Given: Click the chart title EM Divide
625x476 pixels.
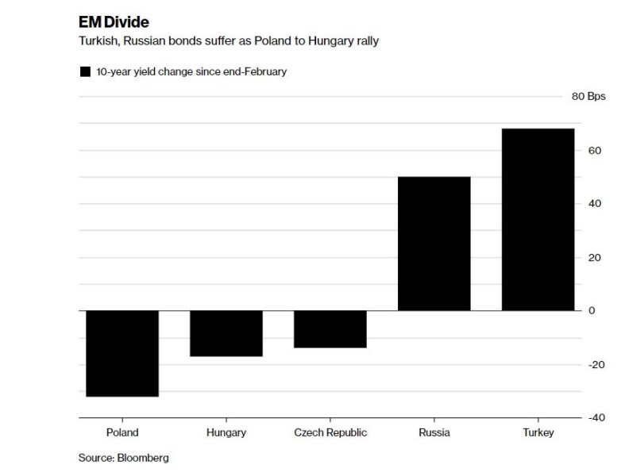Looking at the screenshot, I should (114, 21).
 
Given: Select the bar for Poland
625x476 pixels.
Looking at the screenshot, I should (122, 353).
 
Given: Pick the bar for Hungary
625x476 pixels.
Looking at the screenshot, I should (226, 333).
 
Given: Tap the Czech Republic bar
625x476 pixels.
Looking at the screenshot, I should (330, 328).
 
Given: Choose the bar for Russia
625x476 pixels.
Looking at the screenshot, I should (434, 243).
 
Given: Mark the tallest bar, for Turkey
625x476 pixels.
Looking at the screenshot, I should (538, 219).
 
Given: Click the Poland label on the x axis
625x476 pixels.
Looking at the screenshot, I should (122, 432).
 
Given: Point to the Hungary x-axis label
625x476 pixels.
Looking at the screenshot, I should (226, 432).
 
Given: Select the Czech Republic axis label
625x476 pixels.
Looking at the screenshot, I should (330, 432).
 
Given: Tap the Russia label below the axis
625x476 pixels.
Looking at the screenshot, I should (434, 432).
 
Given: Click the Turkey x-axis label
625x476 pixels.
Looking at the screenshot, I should (538, 432).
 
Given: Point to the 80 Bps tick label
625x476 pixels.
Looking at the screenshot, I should (588, 97).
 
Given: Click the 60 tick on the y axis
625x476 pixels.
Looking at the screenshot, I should (594, 151).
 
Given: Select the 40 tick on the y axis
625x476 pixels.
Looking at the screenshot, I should (594, 204).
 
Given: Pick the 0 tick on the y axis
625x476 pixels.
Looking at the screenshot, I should (592, 310).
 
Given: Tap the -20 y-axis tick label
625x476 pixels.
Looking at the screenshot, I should (596, 364).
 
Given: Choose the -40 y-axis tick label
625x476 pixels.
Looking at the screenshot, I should (596, 417).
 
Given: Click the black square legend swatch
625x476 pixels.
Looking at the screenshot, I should (85, 72).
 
